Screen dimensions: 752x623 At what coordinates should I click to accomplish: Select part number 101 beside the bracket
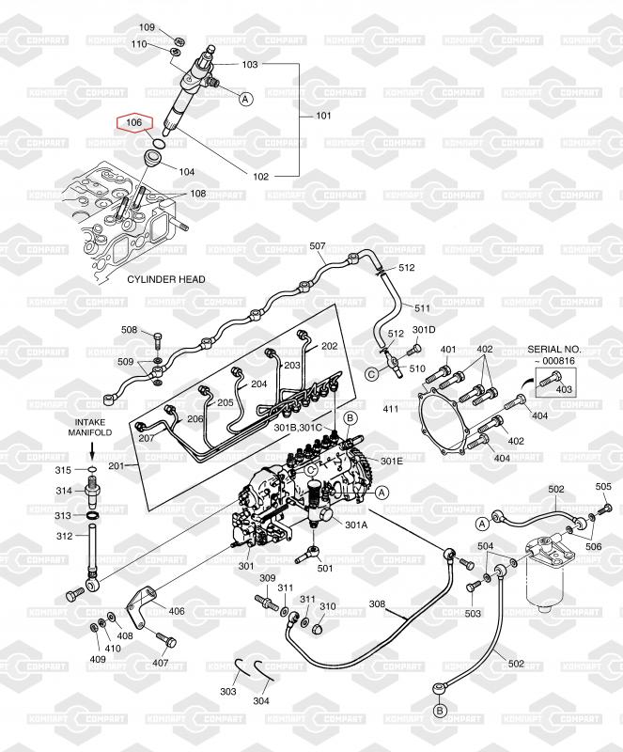(x=323, y=117)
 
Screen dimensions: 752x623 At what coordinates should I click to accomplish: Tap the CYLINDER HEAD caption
(x=166, y=279)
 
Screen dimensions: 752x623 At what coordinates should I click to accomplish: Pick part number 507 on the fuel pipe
(x=318, y=246)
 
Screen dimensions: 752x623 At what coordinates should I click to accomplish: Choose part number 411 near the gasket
(x=391, y=409)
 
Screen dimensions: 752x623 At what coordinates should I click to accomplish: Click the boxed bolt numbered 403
(x=564, y=387)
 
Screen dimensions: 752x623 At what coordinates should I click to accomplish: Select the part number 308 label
(x=377, y=603)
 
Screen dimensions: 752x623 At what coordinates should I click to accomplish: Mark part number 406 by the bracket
(x=177, y=611)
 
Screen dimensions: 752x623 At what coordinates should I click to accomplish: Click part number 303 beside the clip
(x=228, y=692)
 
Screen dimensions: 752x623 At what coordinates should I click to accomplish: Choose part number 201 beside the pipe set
(x=117, y=467)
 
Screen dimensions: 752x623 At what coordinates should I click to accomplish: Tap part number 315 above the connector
(x=63, y=469)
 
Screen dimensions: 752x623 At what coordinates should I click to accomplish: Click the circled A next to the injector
(x=246, y=98)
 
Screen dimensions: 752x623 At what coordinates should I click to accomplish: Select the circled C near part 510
(x=371, y=374)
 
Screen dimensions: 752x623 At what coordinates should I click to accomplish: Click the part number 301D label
(x=425, y=330)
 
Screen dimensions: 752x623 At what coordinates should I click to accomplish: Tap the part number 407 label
(x=161, y=662)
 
